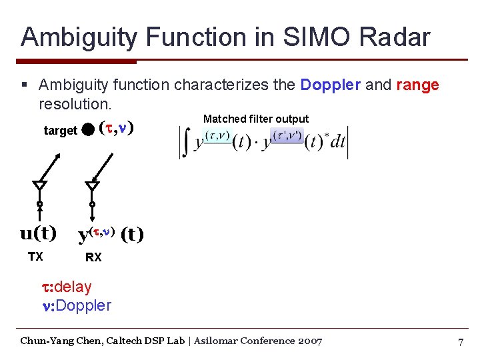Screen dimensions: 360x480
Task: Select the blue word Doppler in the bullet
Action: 331,85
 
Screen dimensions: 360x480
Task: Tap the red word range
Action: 417,85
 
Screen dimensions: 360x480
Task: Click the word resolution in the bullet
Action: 73,105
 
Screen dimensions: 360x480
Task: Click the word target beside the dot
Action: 60,131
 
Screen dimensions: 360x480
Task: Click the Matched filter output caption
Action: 256,119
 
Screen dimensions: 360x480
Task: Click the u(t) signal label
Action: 38,233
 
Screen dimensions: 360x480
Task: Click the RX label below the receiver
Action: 93,257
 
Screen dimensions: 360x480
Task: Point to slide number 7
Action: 460,341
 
